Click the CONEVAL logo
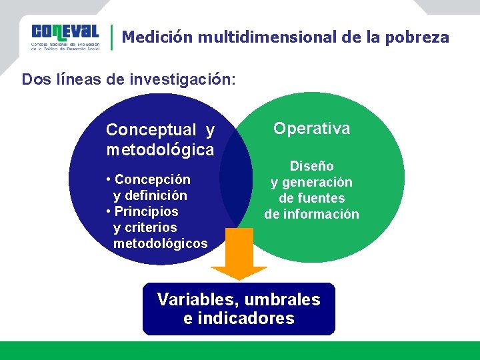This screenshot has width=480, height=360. point(65,37)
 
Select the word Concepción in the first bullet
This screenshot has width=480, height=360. point(152,179)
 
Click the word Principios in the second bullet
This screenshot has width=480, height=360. point(146,211)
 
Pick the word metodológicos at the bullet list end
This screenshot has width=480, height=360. point(160,243)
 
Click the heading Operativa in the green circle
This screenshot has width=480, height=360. point(311,128)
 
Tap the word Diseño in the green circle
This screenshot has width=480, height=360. point(311,166)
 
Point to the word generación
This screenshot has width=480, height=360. point(317,182)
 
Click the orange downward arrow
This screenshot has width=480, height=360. point(239,257)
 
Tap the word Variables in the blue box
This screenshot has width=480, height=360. point(193,299)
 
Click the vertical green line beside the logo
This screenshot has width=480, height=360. point(111,37)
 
